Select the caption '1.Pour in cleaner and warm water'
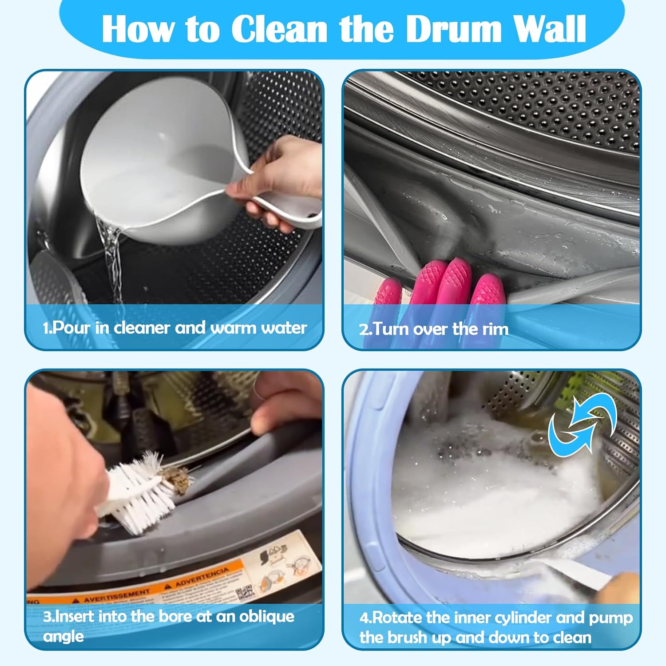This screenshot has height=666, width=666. pyautogui.click(x=174, y=328)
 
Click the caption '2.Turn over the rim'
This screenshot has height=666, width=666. pyautogui.click(x=433, y=329)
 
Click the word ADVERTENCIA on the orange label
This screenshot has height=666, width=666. pyautogui.click(x=202, y=576)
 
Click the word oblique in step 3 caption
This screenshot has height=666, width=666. pyautogui.click(x=266, y=616)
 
